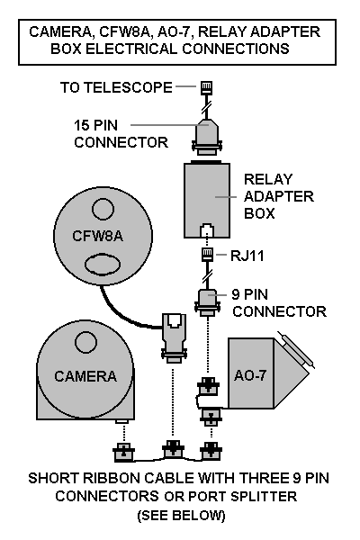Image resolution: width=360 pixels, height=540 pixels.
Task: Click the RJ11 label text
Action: (x=247, y=256)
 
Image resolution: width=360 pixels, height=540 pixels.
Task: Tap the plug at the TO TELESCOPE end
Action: (x=206, y=88)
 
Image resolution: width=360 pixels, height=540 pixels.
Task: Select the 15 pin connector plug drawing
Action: (x=206, y=137)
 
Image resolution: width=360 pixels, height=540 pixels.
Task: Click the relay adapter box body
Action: (x=207, y=201)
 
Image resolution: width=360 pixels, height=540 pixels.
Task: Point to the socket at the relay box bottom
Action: (x=207, y=230)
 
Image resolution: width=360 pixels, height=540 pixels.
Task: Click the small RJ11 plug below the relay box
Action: (x=207, y=255)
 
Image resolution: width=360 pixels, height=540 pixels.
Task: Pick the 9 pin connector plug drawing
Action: (x=207, y=302)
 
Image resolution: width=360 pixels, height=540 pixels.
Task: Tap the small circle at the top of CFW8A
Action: (x=103, y=209)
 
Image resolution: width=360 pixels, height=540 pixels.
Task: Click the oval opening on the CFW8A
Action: (x=103, y=265)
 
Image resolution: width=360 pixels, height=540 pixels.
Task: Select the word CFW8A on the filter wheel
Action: (x=97, y=236)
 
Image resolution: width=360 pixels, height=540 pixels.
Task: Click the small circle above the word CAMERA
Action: (x=86, y=342)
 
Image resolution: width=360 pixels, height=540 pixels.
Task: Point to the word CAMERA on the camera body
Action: (x=85, y=376)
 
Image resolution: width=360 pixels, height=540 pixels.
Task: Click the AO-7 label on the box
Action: (x=250, y=375)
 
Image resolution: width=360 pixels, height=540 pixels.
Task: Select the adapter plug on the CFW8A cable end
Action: (x=174, y=337)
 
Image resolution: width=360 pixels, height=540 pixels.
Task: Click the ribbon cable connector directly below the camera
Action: (x=123, y=452)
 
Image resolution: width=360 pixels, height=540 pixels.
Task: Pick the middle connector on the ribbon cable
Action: (x=173, y=449)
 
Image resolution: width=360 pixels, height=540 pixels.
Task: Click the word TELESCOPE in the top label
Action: (x=129, y=87)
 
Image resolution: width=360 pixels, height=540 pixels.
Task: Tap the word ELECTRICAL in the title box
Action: (x=131, y=49)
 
